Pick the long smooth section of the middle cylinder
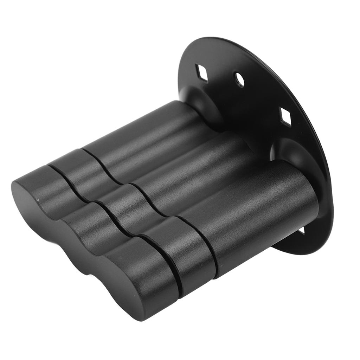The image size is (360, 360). pos(197,169)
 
